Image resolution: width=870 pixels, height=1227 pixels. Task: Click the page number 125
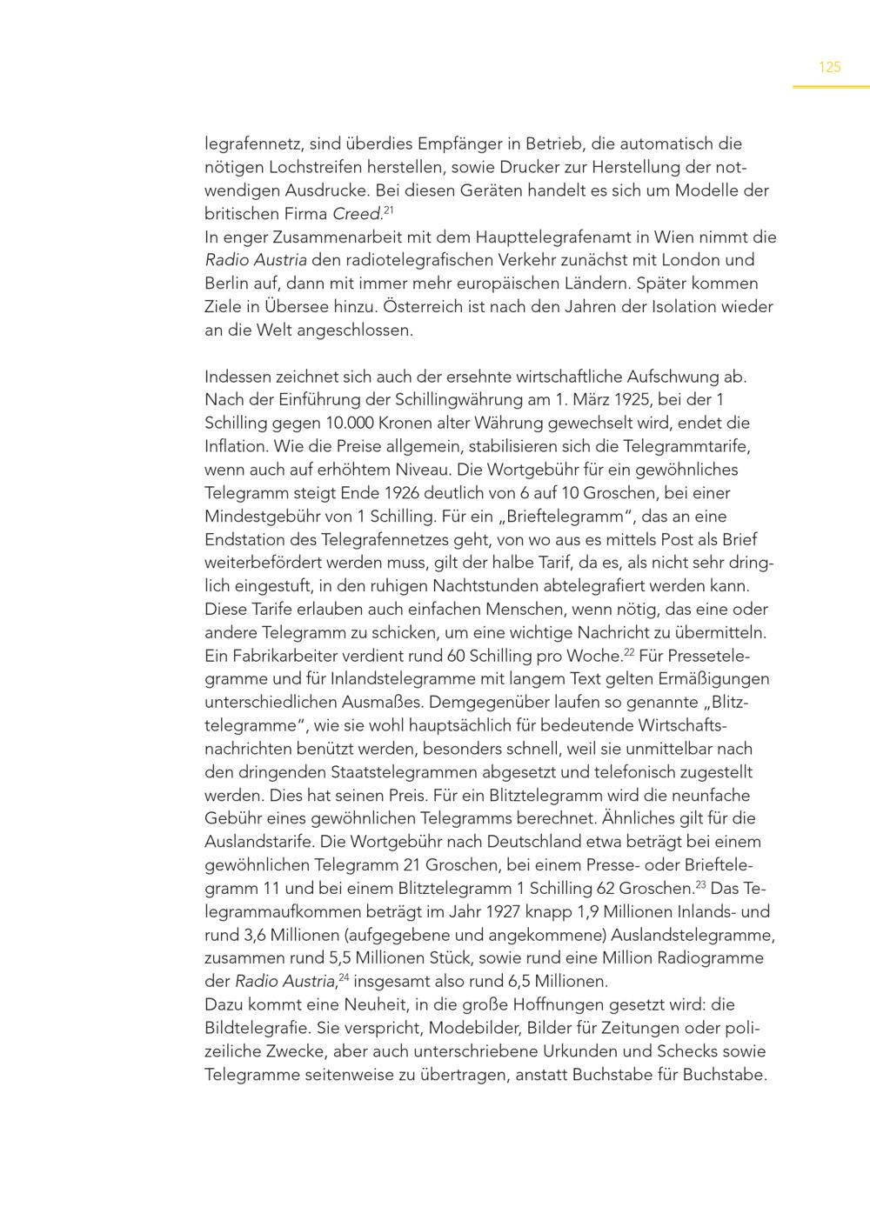coord(830,67)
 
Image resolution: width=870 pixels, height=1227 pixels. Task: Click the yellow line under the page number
coord(830,86)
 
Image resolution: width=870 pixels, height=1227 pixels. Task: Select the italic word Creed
coord(357,214)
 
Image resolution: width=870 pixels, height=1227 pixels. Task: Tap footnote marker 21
coord(389,210)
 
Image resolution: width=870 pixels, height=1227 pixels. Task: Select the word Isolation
coord(686,307)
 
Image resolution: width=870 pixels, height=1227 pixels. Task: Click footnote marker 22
coord(629,651)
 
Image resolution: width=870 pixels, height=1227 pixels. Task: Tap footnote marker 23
coord(700,884)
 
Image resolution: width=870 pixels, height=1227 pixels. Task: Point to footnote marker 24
coord(345,977)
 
